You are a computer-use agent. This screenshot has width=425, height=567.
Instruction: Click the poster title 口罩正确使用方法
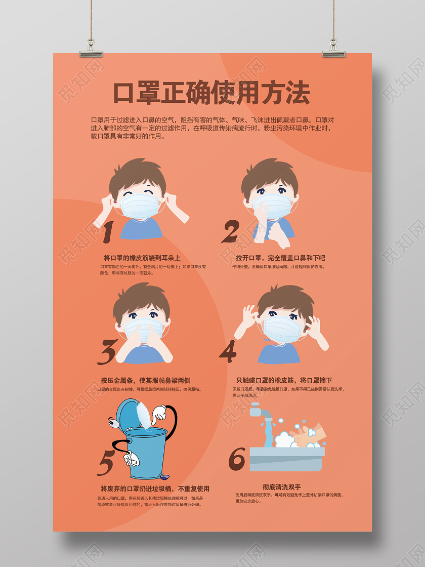211,93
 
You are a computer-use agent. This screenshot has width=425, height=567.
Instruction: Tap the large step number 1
108,232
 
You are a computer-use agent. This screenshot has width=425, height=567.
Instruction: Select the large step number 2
230,232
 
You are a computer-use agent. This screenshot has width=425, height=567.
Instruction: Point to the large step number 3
107,351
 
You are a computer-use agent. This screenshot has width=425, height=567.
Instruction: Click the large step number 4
228,351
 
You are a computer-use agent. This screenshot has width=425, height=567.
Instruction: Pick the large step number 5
106,462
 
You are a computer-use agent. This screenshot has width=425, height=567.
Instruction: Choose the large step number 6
236,458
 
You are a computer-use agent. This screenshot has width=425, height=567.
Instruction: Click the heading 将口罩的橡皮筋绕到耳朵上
142,258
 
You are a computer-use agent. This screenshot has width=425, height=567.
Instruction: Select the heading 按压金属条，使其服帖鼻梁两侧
145,380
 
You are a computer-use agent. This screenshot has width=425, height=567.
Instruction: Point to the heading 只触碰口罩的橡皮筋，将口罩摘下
284,380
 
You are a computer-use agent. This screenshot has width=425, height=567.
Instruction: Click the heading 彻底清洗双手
281,487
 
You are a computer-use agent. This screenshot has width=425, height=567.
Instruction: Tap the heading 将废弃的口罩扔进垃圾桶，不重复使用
155,489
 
